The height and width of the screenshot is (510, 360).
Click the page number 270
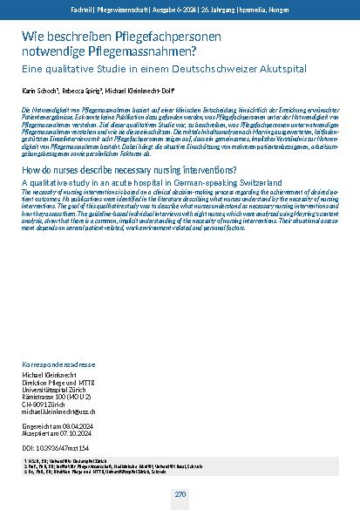tap(180, 494)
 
